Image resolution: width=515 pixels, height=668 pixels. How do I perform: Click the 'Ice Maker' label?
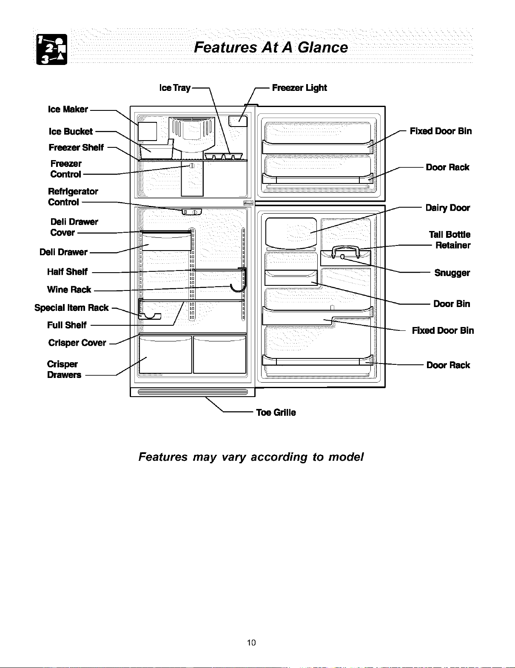pyautogui.click(x=68, y=109)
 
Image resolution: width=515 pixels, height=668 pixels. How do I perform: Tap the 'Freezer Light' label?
pyautogui.click(x=299, y=87)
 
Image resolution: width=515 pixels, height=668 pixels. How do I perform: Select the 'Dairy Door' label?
pyautogui.click(x=447, y=208)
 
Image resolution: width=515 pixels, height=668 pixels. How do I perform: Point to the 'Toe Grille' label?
pyautogui.click(x=276, y=412)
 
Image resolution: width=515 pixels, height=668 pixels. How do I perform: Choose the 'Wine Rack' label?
pyautogui.click(x=69, y=289)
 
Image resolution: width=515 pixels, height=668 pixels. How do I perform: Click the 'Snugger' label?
pyautogui.click(x=452, y=273)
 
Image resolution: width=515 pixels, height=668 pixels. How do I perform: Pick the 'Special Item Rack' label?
pyautogui.click(x=71, y=307)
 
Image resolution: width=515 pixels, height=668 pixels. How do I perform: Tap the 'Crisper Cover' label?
pyautogui.click(x=77, y=342)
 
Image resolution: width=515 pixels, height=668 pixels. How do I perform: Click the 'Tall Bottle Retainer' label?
pyautogui.click(x=450, y=240)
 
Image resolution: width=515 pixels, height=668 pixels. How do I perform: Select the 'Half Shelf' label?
pyautogui.click(x=67, y=272)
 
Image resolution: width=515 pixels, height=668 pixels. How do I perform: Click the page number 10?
pyautogui.click(x=251, y=643)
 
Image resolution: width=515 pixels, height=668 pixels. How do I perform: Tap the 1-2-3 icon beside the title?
pyautogui.click(x=52, y=49)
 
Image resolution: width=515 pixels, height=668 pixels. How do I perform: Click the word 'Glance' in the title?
pyautogui.click(x=323, y=47)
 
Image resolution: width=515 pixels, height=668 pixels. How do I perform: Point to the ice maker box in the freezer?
pyautogui.click(x=147, y=131)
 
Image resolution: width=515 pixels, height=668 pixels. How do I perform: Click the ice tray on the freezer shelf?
pyautogui.click(x=223, y=156)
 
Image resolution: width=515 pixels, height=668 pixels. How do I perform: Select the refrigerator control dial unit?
pyautogui.click(x=192, y=212)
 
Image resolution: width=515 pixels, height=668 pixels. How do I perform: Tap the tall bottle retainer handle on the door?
pyautogui.click(x=345, y=252)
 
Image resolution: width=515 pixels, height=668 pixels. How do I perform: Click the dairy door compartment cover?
pyautogui.click(x=291, y=233)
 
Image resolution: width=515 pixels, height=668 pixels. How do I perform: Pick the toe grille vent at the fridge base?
pyautogui.click(x=193, y=392)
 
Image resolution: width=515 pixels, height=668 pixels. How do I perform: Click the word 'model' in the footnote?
pyautogui.click(x=346, y=457)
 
